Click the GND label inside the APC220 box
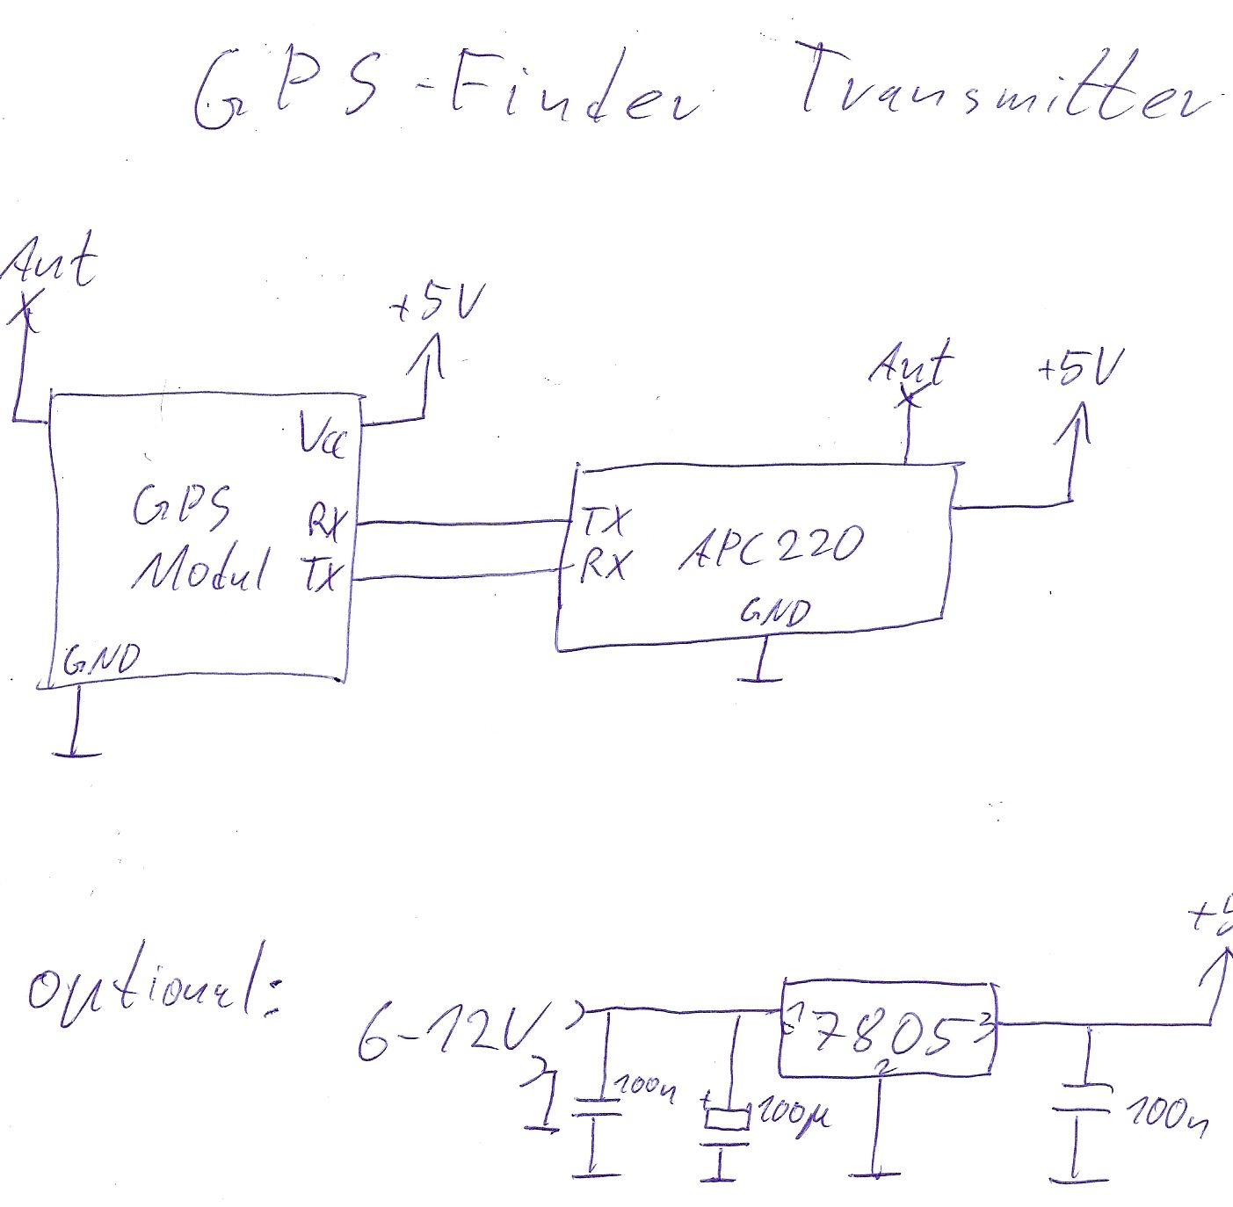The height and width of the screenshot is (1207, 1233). point(774,611)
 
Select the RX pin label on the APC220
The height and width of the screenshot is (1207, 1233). point(605,565)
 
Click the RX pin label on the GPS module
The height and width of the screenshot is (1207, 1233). point(326,521)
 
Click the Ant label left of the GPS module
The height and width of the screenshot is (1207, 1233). point(51,261)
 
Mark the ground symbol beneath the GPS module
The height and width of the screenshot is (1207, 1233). point(77,752)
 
